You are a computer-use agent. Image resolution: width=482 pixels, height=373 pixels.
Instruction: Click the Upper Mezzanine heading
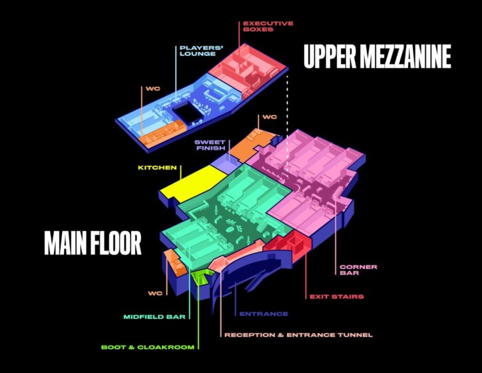(x=377, y=56)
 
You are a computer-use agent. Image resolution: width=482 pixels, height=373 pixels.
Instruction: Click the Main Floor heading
(x=93, y=243)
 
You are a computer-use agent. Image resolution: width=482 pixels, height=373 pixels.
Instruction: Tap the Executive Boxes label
(x=268, y=27)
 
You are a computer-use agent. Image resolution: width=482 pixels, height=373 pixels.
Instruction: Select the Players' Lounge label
(x=201, y=51)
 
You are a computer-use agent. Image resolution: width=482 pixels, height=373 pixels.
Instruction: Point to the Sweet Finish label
(x=210, y=145)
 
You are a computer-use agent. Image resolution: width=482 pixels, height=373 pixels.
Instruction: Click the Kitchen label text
(x=157, y=168)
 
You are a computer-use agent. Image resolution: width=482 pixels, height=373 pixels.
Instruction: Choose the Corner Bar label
(x=358, y=270)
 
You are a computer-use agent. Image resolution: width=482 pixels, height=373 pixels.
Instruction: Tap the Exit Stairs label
(x=337, y=297)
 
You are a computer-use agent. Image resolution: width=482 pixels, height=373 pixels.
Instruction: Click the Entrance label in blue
(x=264, y=314)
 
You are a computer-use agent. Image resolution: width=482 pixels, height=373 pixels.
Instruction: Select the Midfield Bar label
(x=154, y=317)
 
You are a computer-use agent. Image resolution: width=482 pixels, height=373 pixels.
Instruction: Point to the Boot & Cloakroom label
(x=148, y=347)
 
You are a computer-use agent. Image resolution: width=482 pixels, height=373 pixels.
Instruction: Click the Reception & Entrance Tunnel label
(x=298, y=335)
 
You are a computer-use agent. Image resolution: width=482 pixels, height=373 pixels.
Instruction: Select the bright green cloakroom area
(x=201, y=276)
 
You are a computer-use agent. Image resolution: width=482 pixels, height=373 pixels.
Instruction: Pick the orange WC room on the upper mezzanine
(x=162, y=133)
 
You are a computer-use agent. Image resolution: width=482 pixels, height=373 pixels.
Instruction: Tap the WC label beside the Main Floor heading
(x=155, y=293)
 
